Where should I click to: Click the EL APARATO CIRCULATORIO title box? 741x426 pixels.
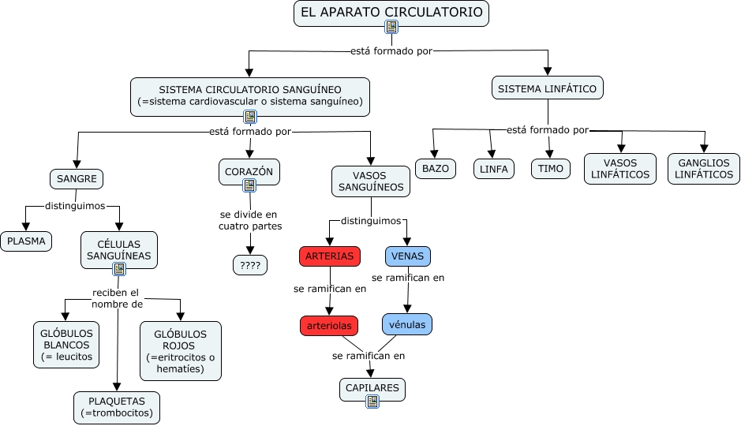[391, 13]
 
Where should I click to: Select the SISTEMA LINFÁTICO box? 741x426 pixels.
[548, 88]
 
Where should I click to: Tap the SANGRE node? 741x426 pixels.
[77, 179]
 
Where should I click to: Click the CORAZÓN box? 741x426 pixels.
[249, 170]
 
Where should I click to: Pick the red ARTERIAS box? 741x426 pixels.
[330, 256]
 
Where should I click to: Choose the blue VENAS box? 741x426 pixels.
[407, 256]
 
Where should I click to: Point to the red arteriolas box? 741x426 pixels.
[329, 325]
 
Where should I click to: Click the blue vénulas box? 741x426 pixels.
[407, 324]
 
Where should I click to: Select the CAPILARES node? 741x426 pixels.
[373, 387]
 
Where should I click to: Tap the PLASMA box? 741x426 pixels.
[26, 241]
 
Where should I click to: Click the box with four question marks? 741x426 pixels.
[250, 265]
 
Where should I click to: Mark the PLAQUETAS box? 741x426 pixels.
[117, 406]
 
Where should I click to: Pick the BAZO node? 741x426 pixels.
[435, 169]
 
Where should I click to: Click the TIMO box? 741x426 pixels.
[550, 169]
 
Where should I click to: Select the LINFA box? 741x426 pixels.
[494, 169]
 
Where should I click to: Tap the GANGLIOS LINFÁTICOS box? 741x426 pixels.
[704, 169]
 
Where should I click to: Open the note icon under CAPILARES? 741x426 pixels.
[372, 402]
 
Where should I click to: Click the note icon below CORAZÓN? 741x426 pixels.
[249, 185]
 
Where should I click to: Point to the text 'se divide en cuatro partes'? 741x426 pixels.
[249, 220]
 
